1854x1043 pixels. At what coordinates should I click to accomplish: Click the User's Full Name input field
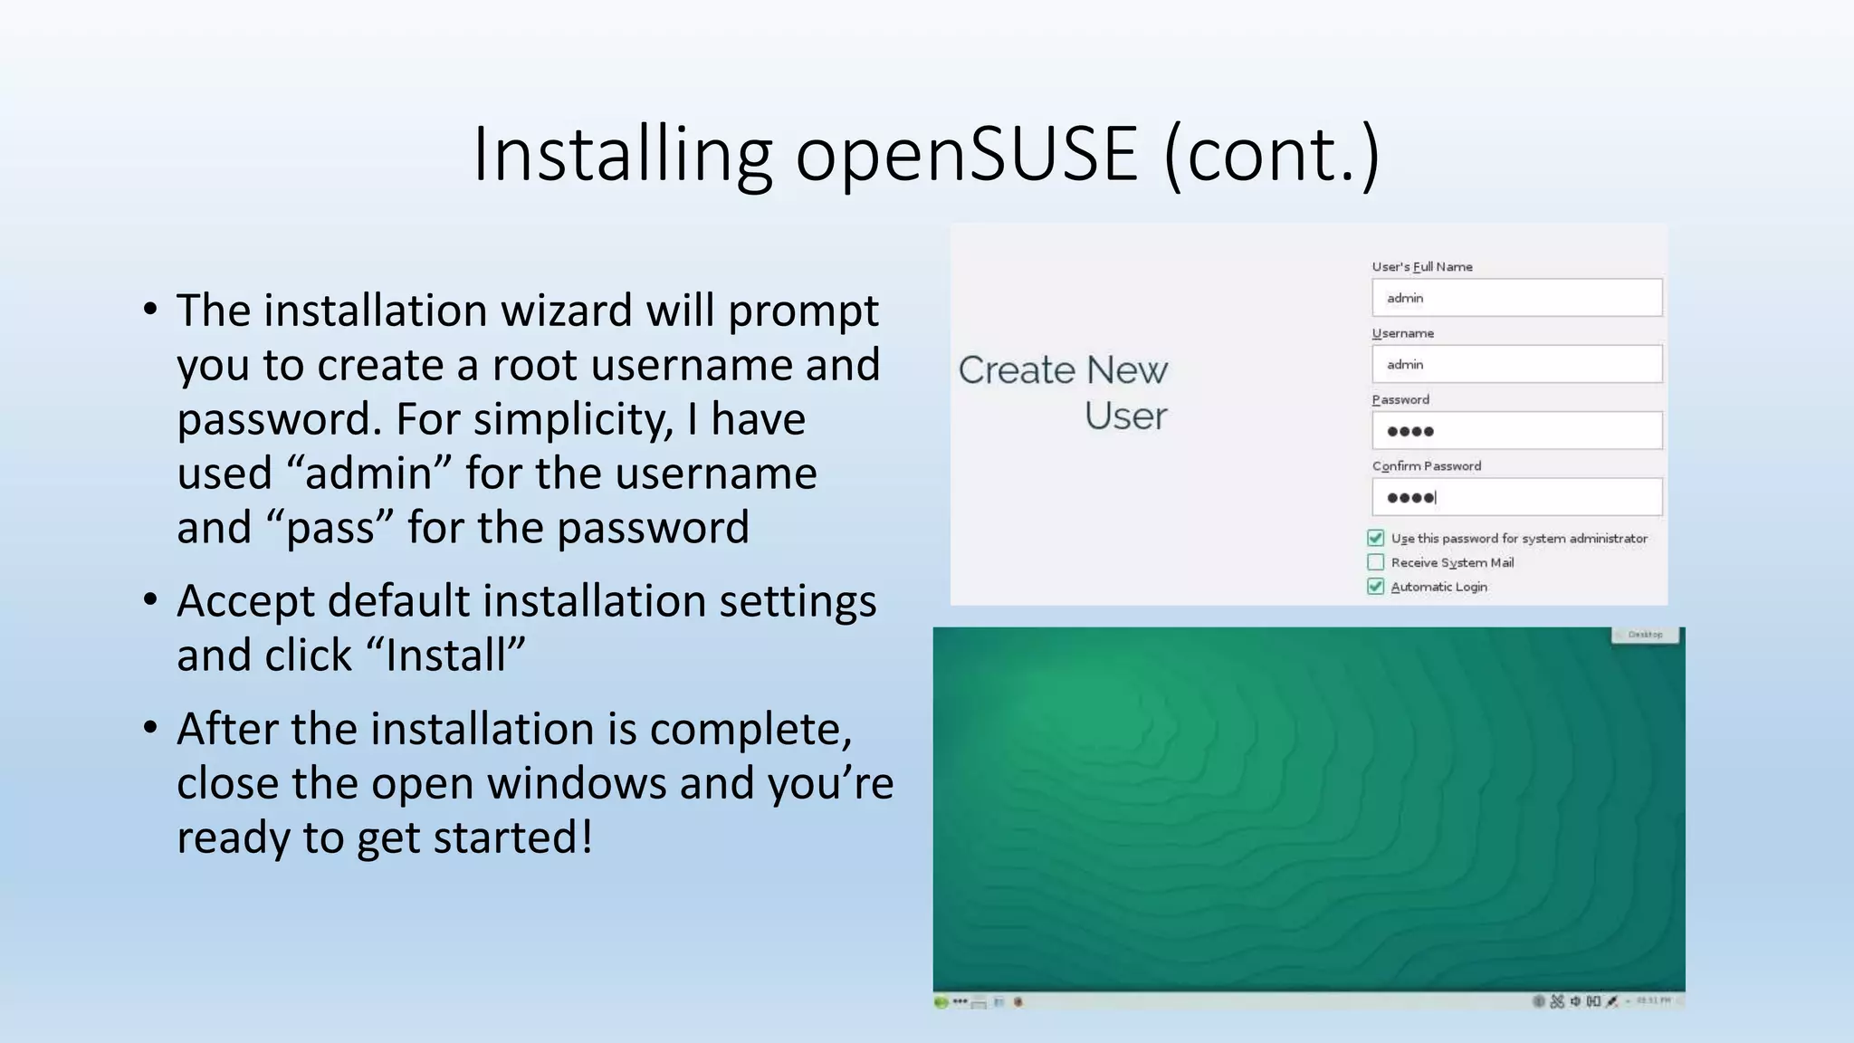[x=1516, y=298]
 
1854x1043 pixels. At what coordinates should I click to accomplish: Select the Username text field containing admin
[x=1516, y=364]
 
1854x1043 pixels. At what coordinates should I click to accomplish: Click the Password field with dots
[x=1516, y=431]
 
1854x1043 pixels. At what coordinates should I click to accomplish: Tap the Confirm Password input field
[x=1516, y=497]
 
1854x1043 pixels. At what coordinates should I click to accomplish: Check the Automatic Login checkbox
[x=1376, y=587]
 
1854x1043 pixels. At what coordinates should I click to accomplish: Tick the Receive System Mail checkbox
[x=1376, y=562]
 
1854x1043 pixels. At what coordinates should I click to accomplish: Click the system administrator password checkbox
[x=1376, y=538]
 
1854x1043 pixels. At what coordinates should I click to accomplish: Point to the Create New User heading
[x=1064, y=392]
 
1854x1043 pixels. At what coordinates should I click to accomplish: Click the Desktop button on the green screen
[x=1645, y=635]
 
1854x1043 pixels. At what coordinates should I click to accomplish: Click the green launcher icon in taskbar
[x=941, y=1002]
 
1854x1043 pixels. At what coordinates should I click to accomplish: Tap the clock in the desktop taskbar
[x=1653, y=1001]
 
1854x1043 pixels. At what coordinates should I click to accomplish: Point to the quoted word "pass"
[x=330, y=528]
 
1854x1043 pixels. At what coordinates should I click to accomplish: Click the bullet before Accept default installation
[x=150, y=600]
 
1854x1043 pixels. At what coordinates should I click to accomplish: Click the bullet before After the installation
[x=150, y=728]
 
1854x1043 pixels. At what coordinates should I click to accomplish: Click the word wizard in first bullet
[x=566, y=311]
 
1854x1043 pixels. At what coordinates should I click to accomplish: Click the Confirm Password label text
[x=1426, y=466]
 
